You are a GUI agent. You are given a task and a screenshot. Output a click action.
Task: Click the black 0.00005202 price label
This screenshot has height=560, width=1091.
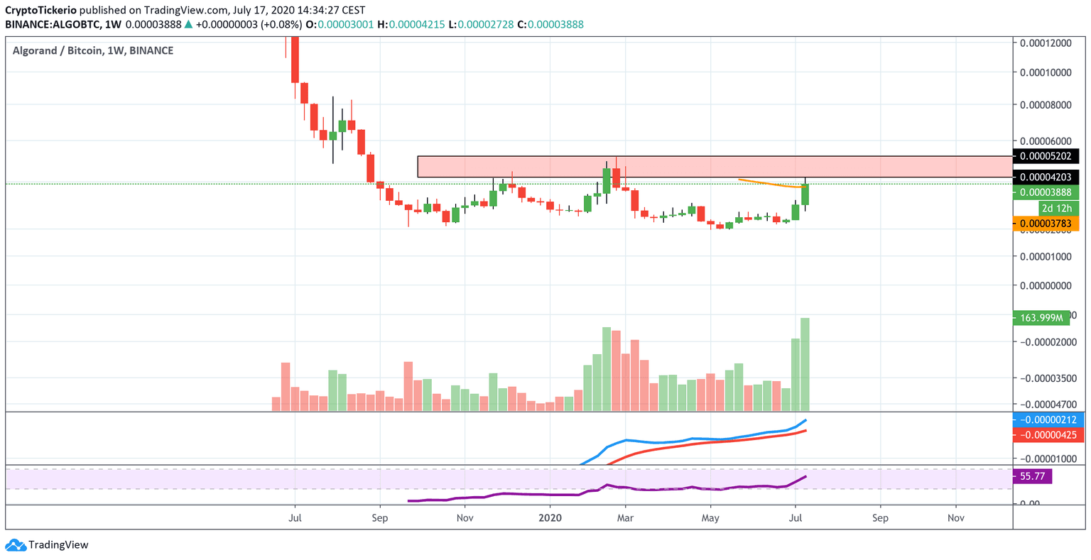click(x=1045, y=156)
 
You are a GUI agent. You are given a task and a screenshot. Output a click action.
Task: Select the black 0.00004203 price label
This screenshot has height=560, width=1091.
click(x=1045, y=177)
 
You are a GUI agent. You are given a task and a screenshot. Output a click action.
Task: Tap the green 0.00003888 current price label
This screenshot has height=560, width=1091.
click(x=1045, y=192)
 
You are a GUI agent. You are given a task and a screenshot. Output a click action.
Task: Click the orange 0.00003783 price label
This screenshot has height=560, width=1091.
click(x=1045, y=224)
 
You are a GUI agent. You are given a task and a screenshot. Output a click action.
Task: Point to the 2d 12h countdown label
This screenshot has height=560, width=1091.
click(x=1056, y=208)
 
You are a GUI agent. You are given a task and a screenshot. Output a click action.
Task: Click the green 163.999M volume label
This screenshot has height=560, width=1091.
click(x=1041, y=318)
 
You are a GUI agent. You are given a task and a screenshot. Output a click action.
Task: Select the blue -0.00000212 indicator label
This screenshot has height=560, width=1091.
click(x=1048, y=419)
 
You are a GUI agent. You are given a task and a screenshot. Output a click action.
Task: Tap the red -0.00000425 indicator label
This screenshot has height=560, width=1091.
click(x=1048, y=434)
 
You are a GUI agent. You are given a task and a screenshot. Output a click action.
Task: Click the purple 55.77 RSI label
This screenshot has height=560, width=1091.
click(x=1032, y=476)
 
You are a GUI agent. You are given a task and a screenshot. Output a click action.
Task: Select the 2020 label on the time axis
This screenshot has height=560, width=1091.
click(x=550, y=518)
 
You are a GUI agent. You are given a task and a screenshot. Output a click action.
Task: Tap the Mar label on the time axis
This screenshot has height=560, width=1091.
click(x=625, y=518)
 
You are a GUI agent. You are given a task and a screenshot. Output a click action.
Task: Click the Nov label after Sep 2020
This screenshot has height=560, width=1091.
click(x=955, y=518)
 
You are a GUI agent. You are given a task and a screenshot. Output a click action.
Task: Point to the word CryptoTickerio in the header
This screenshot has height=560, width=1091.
click(x=41, y=11)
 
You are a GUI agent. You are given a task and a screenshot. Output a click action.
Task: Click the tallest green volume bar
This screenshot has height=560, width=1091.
click(x=805, y=364)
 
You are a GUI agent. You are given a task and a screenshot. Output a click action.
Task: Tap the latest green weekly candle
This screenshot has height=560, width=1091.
click(x=805, y=195)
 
